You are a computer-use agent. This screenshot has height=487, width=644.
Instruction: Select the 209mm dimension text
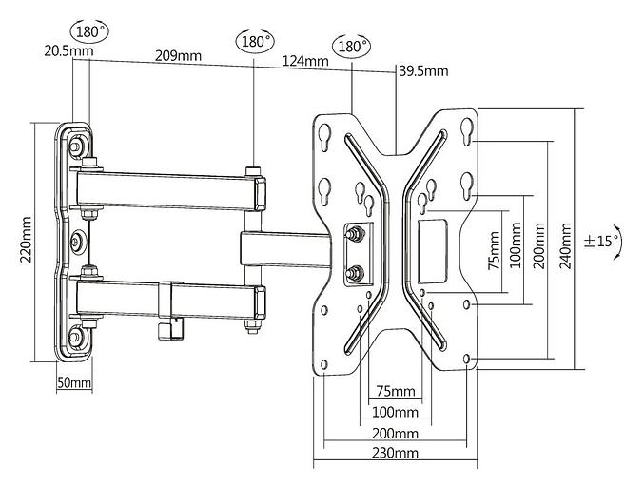click(x=178, y=55)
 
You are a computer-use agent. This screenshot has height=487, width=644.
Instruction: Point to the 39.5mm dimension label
click(x=423, y=70)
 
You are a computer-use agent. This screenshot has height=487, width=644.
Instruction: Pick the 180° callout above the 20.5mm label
click(x=92, y=31)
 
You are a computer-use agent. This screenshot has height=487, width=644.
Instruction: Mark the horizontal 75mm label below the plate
click(x=396, y=392)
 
